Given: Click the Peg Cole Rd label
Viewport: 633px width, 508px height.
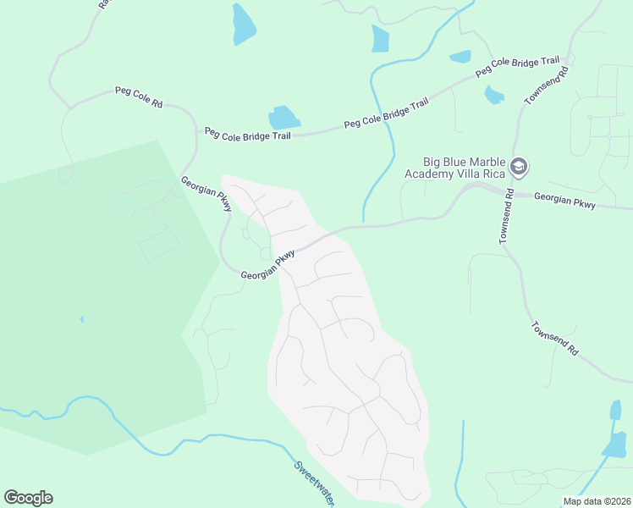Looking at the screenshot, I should coord(139,97).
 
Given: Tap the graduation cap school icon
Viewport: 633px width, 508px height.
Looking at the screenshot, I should coord(519,167).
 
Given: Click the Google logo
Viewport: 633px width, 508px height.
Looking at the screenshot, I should coord(28,498).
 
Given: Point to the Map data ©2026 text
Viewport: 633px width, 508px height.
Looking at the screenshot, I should coord(596,501).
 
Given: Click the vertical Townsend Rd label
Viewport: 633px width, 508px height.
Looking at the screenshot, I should coord(507,216).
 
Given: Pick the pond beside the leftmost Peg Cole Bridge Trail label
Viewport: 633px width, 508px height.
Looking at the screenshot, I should coord(283,118).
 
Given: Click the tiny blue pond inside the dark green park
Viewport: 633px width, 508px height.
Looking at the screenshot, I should coord(82,319).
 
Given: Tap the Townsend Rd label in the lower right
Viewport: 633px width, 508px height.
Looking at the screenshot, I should coord(555,338).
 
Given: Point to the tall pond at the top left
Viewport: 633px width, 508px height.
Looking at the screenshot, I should coord(244,25).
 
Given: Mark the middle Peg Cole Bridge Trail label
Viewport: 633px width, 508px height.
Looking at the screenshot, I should coord(387,113).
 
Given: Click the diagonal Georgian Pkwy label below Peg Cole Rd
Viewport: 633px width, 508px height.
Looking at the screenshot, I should coord(206,194).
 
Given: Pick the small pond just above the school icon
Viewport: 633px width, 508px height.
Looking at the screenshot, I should coord(494,95).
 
